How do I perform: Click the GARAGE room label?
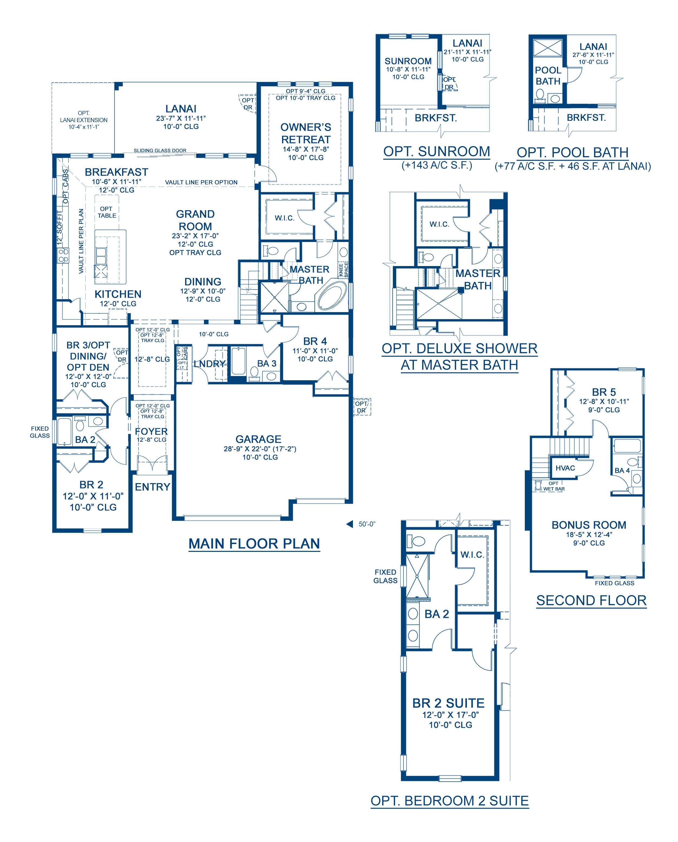coord(258,439)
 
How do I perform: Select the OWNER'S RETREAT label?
coord(306,133)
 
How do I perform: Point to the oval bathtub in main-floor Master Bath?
coord(332,296)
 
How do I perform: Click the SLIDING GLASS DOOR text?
coord(160,150)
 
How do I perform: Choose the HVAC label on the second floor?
coord(565,468)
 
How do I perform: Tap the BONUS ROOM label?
coord(589,525)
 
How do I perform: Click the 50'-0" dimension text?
coord(367,524)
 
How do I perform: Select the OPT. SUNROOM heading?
coord(437,151)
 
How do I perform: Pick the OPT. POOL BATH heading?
coord(572,152)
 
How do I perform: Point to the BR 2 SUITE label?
coord(448,703)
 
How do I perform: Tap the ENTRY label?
coord(152,487)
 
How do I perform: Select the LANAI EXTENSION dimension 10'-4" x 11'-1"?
coord(84,127)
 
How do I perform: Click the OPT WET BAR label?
coord(554,486)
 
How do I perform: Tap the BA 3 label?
coord(267,363)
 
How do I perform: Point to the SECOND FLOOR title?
coord(591,600)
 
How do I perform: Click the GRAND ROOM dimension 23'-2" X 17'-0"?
coord(195,236)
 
